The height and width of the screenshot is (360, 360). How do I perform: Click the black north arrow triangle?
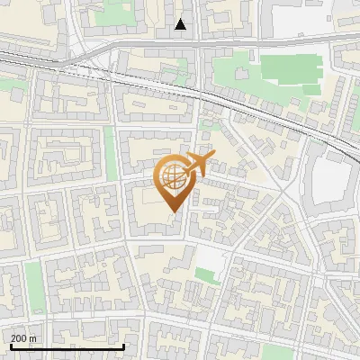click(181, 24)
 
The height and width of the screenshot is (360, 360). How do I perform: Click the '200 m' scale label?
click(24, 338)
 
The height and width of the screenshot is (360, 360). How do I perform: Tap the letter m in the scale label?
click(32, 338)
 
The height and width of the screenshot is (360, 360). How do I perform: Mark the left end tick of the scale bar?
click(11, 346)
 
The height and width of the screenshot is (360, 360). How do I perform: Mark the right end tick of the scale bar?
click(123, 346)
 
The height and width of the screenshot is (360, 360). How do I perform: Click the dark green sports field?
click(290, 73)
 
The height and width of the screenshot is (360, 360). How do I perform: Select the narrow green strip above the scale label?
click(33, 286)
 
